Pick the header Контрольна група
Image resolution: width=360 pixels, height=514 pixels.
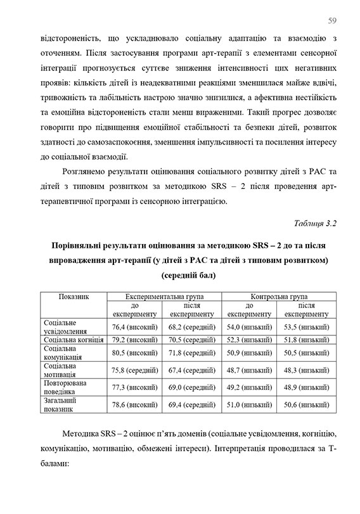(x=279, y=296)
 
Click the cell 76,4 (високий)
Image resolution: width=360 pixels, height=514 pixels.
(x=134, y=326)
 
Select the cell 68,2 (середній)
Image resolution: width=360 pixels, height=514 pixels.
(x=189, y=326)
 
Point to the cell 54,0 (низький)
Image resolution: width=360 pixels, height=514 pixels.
(x=249, y=326)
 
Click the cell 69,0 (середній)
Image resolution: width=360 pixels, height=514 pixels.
(x=189, y=389)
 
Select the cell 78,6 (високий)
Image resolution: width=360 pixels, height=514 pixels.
(x=134, y=406)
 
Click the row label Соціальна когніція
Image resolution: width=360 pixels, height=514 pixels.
(x=69, y=340)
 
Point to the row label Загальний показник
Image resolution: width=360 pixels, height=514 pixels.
(x=61, y=406)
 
